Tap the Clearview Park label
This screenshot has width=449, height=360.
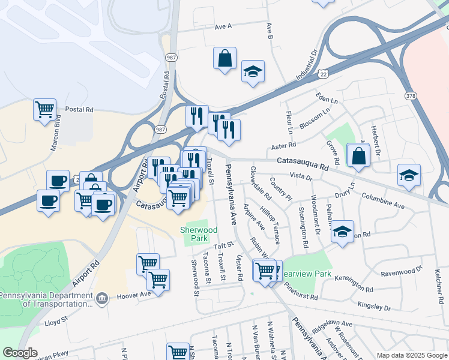pyautogui.click(x=306, y=274)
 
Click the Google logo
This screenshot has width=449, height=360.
pyautogui.click(x=20, y=353)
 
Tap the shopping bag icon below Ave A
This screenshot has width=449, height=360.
pyautogui.click(x=224, y=59)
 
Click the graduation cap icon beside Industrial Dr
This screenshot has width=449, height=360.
pyautogui.click(x=253, y=71)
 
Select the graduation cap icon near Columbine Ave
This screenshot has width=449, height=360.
pyautogui.click(x=409, y=175)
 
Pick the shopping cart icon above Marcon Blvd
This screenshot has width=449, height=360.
pyautogui.click(x=45, y=110)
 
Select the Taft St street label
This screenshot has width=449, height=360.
pyautogui.click(x=223, y=247)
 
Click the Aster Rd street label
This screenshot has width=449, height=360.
pyautogui.click(x=284, y=145)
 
